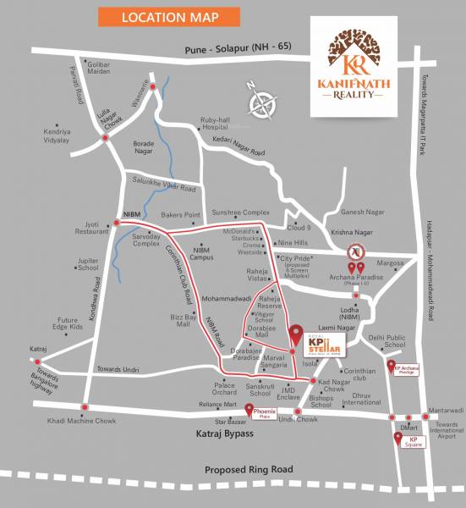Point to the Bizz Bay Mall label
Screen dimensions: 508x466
click(182, 319)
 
